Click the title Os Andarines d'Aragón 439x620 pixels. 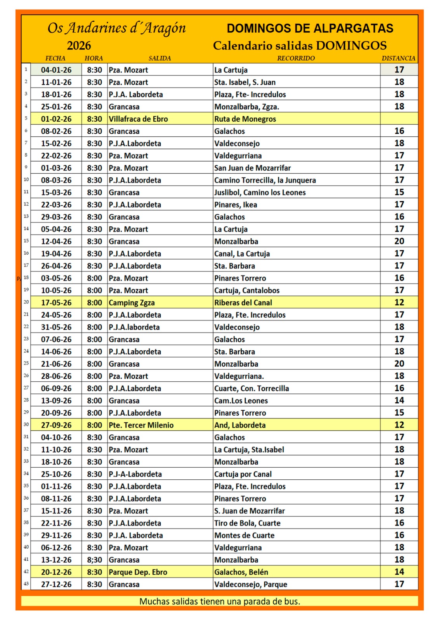tap(116, 28)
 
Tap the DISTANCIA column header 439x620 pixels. tap(398, 58)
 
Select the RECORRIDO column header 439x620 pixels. tap(296, 58)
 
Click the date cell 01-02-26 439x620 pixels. tap(56, 119)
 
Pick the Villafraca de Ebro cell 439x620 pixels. tap(138, 119)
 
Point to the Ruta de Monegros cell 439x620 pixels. tap(245, 119)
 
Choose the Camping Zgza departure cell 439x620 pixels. tap(132, 303)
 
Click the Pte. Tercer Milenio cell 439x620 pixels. tap(141, 425)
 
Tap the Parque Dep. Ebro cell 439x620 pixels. tap(138, 572)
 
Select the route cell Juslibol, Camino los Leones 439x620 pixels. tap(260, 193)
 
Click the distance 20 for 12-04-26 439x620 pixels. tap(399, 241)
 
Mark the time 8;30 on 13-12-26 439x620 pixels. tap(94, 560)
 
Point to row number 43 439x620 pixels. tap(26, 584)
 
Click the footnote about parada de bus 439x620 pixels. tap(220, 601)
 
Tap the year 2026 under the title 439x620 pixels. tap(79, 46)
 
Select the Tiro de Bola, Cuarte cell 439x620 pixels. tap(247, 523)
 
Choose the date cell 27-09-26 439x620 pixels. tap(56, 425)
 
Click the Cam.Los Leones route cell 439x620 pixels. tap(241, 401)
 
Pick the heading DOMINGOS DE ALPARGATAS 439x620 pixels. tap(310, 28)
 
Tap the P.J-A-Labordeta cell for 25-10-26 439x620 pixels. tap(135, 474)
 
